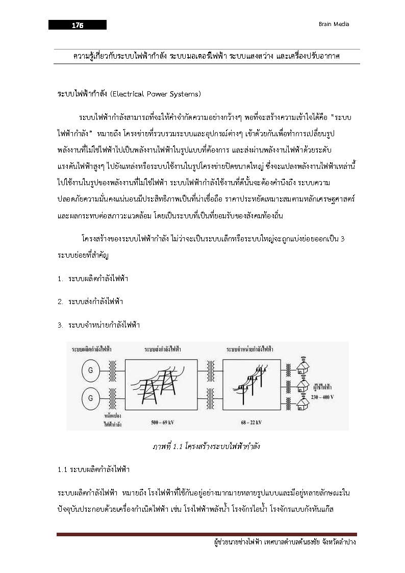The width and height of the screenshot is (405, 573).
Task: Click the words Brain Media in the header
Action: (x=334, y=24)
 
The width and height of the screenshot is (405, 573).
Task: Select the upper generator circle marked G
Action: (x=91, y=370)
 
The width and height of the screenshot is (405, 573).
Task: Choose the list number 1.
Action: (x=60, y=279)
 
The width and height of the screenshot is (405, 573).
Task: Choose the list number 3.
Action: (x=60, y=325)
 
